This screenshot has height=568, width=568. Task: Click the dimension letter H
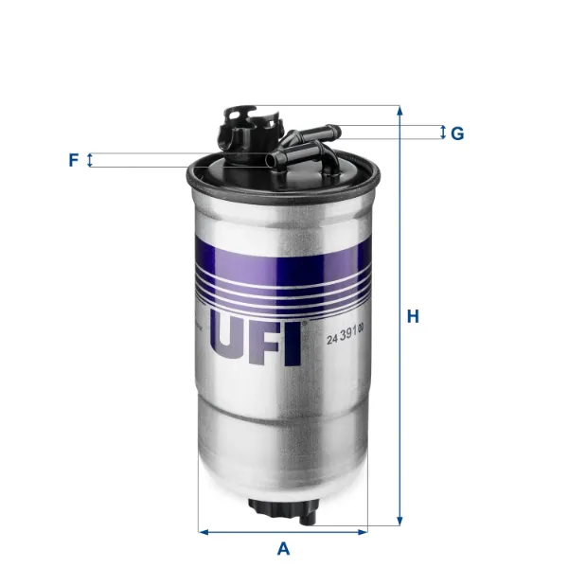point(413,317)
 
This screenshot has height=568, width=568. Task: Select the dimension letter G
point(456,133)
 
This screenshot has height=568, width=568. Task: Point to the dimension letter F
point(73,160)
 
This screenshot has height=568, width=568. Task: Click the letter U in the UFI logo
point(228,342)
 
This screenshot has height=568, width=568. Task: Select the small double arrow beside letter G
point(442,133)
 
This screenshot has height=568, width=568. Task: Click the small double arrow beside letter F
point(90,160)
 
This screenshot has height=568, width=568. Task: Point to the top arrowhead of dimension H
point(400,111)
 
